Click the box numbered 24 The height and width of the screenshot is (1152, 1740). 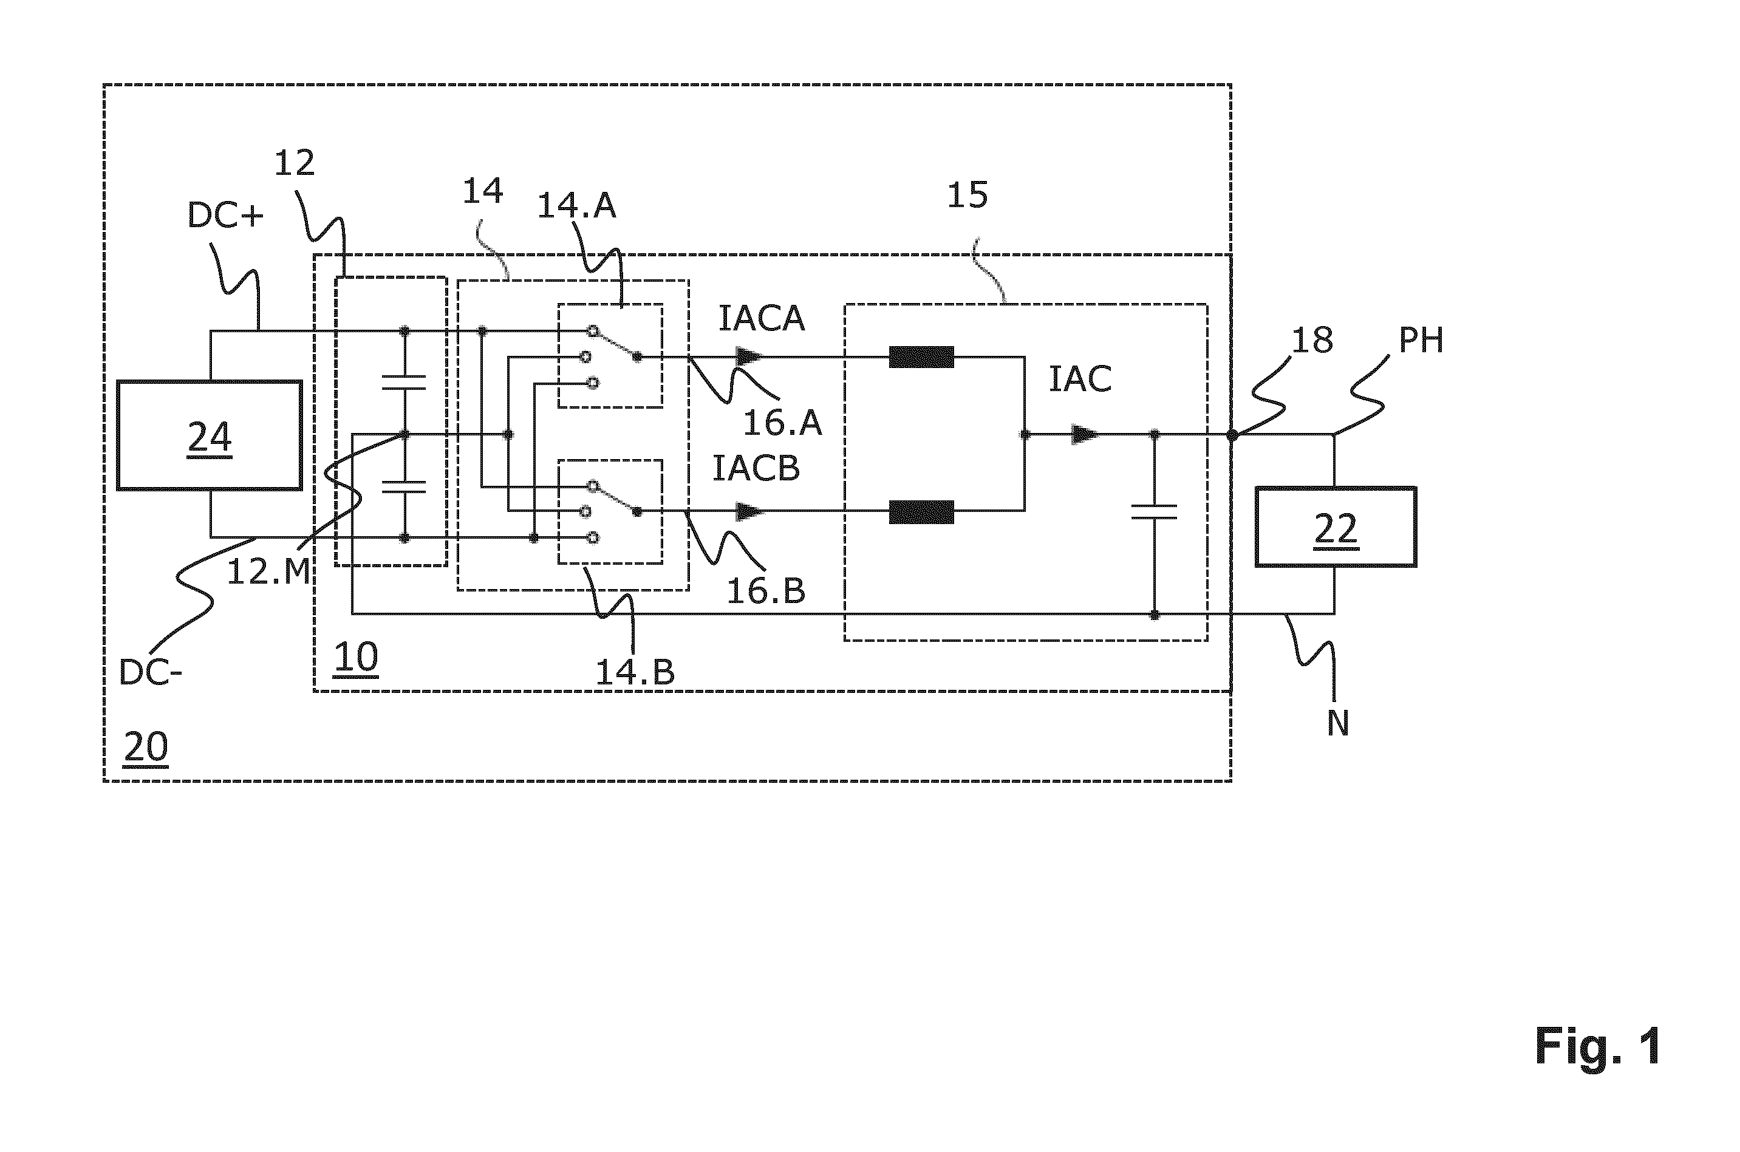coord(210,435)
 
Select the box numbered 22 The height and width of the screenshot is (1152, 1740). coord(1335,527)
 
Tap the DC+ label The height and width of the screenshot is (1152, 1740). coord(225,215)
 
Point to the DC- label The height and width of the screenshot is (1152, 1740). coord(150,673)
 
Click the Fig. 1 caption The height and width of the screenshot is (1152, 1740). coord(1597,1046)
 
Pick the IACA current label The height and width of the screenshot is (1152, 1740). coord(761,319)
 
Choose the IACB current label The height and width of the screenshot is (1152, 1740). coord(756,469)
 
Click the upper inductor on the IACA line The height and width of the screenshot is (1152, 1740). coord(921,357)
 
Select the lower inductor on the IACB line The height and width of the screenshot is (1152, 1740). coord(921,511)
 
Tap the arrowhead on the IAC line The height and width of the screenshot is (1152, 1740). coord(1086,434)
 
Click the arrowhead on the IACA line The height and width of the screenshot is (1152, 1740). coord(749,357)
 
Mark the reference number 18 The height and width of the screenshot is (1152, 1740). coord(1312,340)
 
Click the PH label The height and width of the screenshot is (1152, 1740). coord(1421,340)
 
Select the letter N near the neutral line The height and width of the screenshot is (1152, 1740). coord(1338,724)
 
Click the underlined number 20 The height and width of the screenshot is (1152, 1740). coord(146,747)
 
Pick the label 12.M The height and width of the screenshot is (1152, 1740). coord(269,571)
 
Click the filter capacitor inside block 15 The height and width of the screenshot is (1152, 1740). coord(1155,511)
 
